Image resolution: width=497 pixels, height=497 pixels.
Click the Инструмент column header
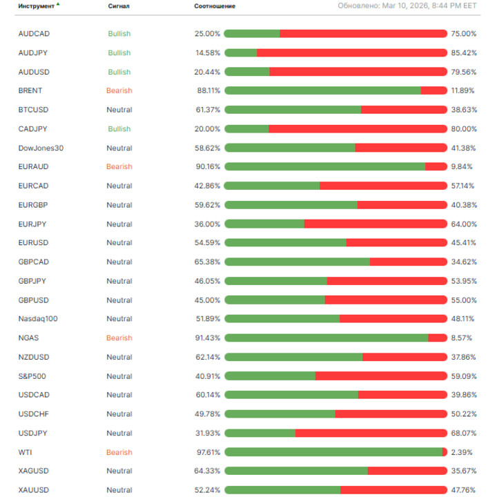37,6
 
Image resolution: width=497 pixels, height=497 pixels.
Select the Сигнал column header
119,6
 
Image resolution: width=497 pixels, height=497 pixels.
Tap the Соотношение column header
215,6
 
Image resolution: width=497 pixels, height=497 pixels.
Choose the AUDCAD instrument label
34,34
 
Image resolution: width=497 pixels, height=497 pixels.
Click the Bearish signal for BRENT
119,90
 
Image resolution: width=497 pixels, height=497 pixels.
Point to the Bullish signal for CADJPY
119,129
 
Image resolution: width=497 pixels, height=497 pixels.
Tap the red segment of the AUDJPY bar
352,52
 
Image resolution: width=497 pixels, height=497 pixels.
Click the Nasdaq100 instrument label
38,319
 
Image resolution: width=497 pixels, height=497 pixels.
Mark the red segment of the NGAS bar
438,338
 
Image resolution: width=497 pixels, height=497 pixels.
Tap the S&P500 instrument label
32,376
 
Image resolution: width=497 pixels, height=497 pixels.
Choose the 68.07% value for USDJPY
464,433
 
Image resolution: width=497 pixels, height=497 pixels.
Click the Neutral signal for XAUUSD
119,490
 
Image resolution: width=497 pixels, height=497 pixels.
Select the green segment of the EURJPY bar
264,224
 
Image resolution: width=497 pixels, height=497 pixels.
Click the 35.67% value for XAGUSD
464,471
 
